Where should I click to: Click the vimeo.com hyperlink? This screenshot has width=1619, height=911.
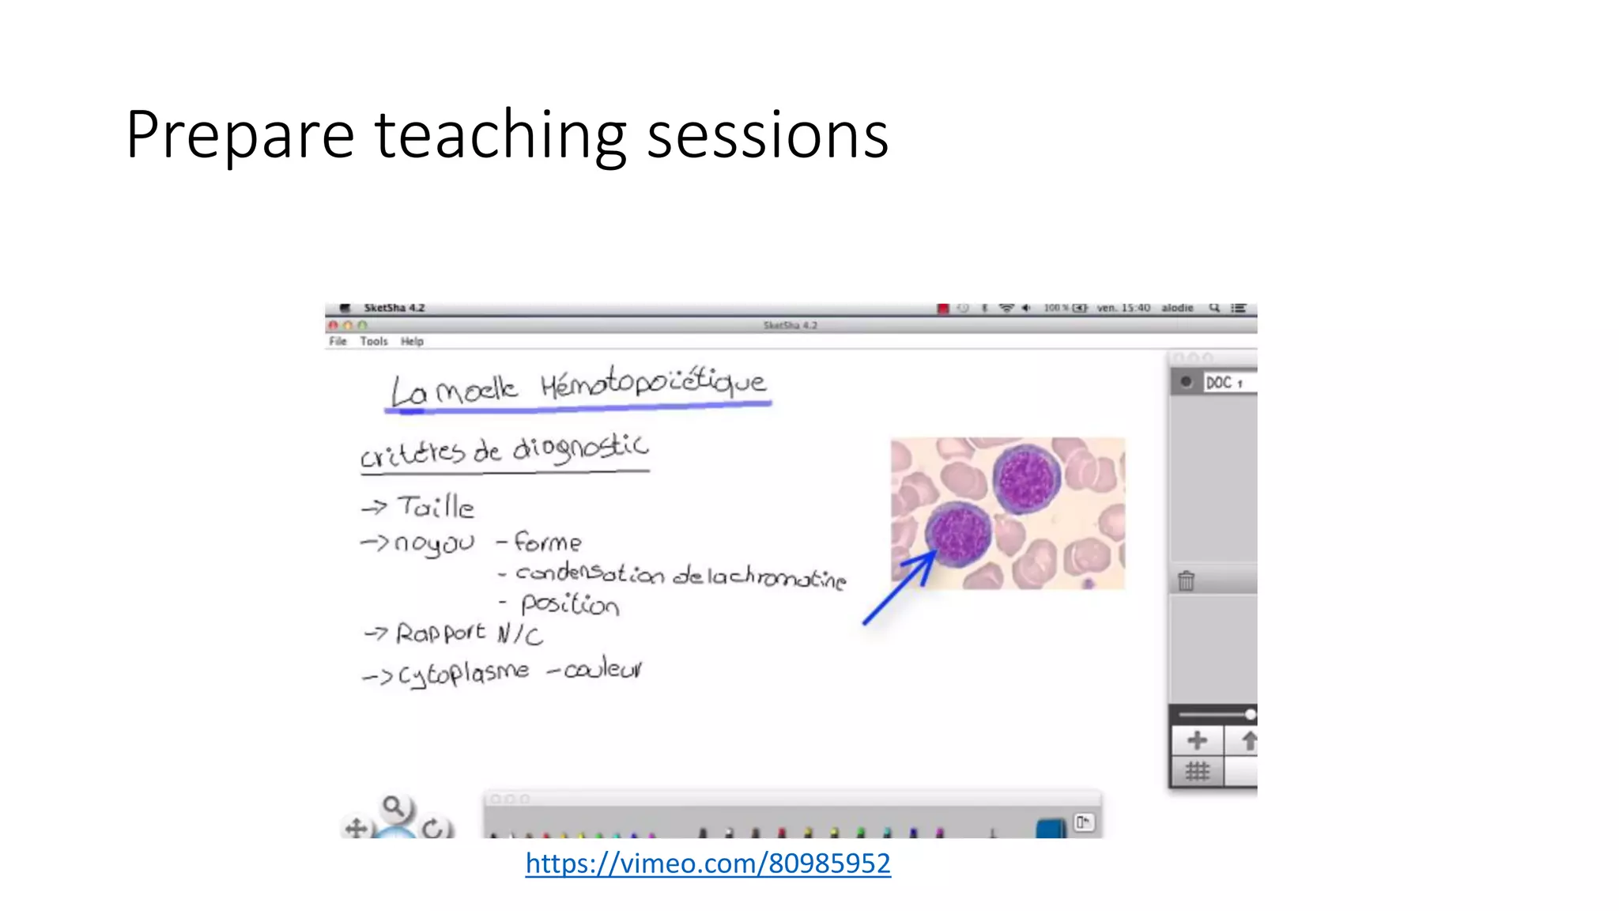tap(708, 864)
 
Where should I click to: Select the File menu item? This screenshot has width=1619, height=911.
tap(338, 342)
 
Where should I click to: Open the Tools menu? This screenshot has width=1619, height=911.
tap(374, 342)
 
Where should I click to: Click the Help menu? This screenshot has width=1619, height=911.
tap(412, 342)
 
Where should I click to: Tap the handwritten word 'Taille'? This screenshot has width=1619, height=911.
tap(436, 507)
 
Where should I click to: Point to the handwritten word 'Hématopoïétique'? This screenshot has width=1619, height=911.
tap(653, 382)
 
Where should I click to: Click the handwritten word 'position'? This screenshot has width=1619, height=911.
tap(569, 605)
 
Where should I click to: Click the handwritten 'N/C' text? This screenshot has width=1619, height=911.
tap(519, 634)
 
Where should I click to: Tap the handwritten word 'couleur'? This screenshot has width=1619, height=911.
tap(603, 670)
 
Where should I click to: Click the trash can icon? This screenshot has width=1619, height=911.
tap(1186, 581)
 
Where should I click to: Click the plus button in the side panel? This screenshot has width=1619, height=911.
tap(1197, 741)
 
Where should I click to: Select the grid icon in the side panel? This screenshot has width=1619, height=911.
tap(1197, 772)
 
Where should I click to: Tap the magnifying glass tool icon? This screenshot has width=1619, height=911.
tap(393, 807)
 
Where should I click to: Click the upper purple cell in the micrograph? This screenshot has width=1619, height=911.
tap(1026, 478)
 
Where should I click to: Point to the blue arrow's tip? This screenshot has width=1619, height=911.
tap(935, 554)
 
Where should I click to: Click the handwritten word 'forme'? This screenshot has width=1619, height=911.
tap(547, 542)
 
